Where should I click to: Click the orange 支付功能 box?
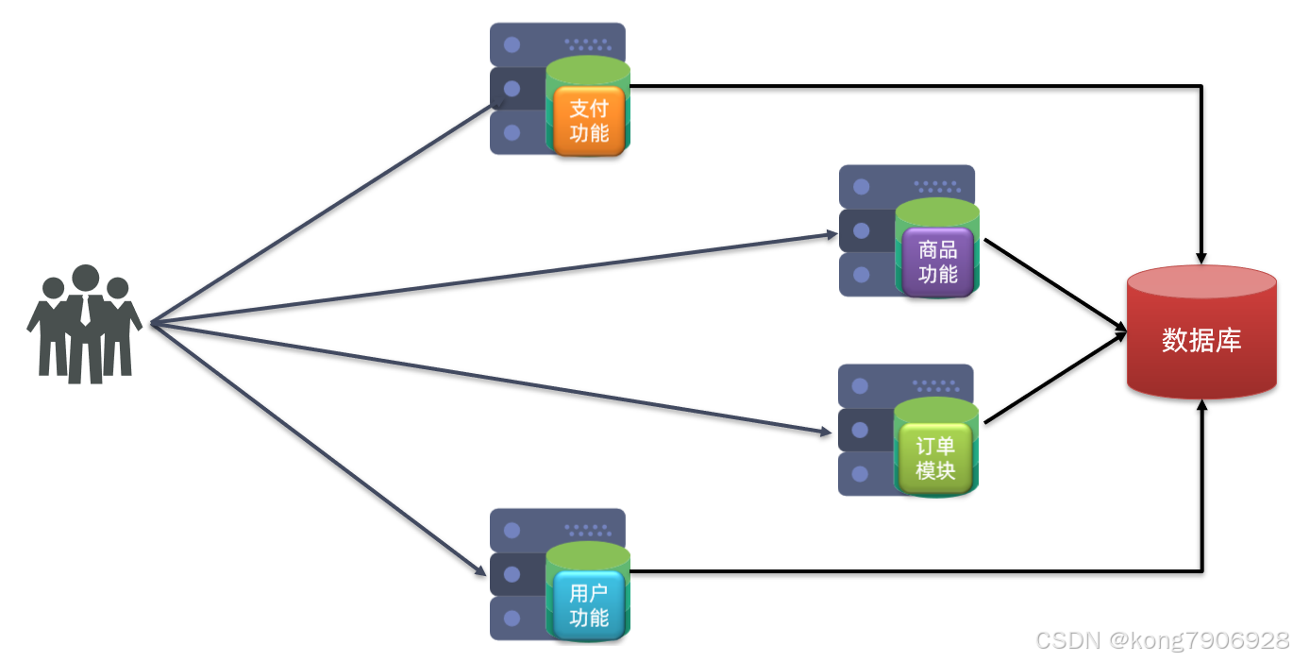click(589, 121)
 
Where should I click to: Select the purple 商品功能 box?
click(937, 263)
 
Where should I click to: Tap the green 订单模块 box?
click(935, 459)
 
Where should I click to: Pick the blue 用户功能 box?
click(589, 605)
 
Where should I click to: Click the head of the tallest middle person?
click(86, 279)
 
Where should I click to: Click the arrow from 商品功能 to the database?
click(1055, 283)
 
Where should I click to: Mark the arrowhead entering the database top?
click(1201, 255)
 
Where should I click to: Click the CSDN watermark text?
click(1162, 640)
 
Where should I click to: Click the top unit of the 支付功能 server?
click(557, 43)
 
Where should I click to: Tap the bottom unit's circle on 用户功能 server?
click(512, 619)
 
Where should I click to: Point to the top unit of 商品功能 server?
click(906, 186)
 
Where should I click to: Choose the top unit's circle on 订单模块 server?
click(860, 385)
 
